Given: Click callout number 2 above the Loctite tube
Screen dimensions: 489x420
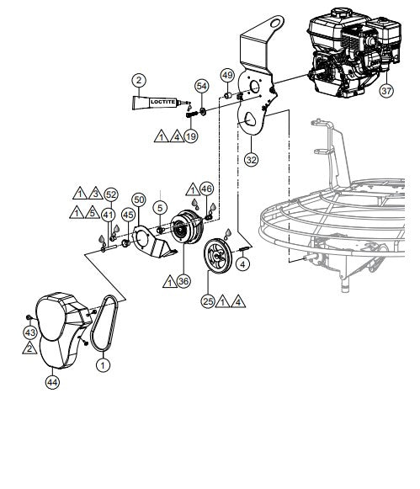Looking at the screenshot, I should click(137, 82).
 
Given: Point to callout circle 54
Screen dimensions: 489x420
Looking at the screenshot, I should click(201, 87).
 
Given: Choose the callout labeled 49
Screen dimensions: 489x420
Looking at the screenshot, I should click(227, 76).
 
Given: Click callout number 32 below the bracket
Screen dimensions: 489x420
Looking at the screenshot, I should click(250, 157).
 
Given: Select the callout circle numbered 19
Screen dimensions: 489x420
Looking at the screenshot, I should click(192, 136).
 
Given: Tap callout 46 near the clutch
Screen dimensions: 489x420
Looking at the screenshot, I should click(207, 190).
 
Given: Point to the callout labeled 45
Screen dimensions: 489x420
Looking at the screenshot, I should click(129, 215).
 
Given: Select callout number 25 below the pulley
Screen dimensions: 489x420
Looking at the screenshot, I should click(208, 299).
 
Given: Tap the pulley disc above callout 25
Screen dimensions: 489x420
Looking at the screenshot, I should click(221, 257).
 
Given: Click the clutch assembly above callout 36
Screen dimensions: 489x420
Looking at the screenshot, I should click(181, 233).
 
